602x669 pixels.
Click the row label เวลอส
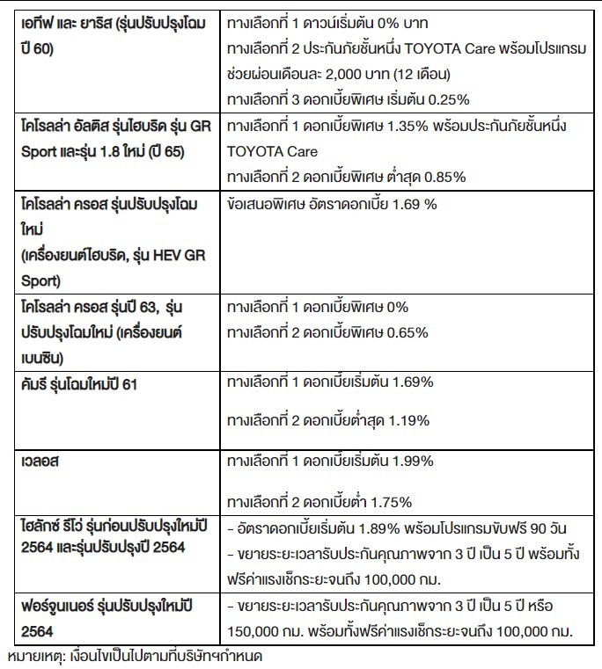(41, 461)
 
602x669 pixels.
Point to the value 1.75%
(392, 501)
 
